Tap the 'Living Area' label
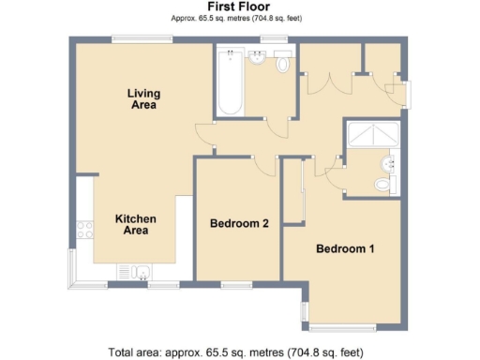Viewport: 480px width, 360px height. click(x=142, y=98)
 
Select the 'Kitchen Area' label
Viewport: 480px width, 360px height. click(x=135, y=224)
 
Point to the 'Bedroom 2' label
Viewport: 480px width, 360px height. click(x=240, y=224)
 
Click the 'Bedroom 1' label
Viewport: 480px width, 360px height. click(x=345, y=249)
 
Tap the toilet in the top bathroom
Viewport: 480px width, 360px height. click(x=284, y=66)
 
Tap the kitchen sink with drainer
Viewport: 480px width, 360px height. click(x=131, y=273)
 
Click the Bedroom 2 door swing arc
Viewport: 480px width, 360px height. click(x=263, y=166)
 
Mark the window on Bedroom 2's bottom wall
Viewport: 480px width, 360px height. click(x=235, y=282)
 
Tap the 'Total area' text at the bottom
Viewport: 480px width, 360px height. click(x=235, y=352)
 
